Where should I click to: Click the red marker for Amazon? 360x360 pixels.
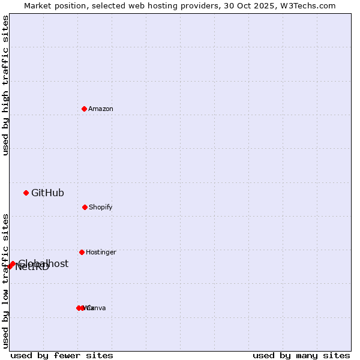tap(85, 109)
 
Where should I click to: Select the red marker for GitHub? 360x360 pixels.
tap(26, 193)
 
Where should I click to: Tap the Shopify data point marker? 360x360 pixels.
tap(85, 207)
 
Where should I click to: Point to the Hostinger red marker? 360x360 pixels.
tap(82, 252)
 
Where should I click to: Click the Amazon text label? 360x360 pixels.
tap(101, 109)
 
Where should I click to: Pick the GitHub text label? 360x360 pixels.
tap(47, 193)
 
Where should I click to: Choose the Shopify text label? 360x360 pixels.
tap(101, 207)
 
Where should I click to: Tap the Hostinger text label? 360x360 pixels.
tap(101, 252)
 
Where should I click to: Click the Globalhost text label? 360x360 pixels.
tap(43, 263)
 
